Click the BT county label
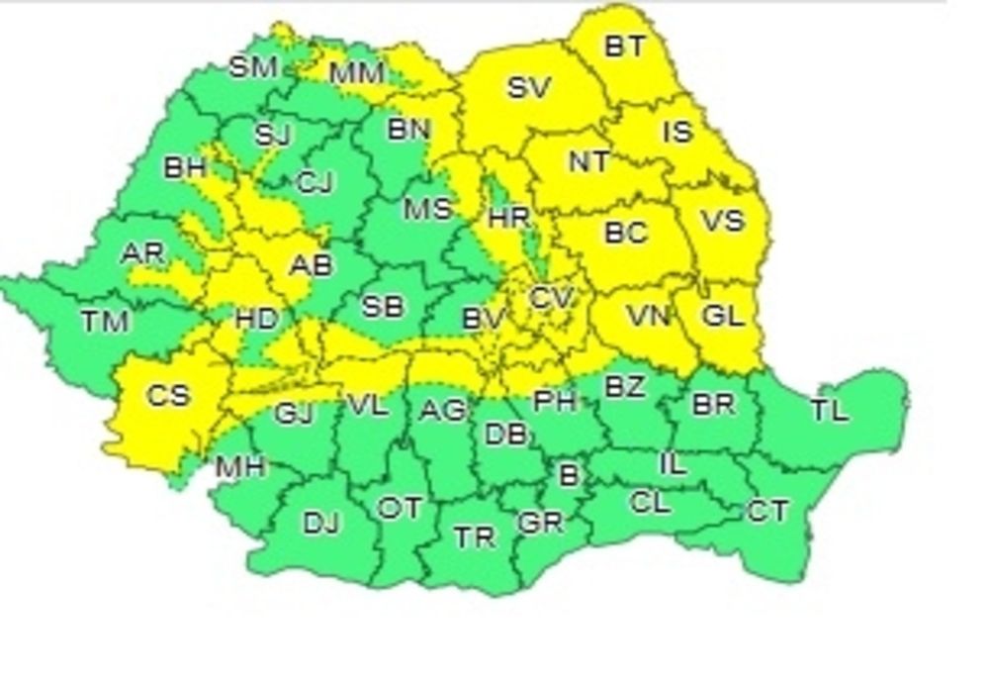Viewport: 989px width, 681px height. [624, 46]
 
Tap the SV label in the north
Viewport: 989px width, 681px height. [528, 87]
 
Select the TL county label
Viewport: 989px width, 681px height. [829, 410]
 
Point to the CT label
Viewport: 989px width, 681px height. [767, 511]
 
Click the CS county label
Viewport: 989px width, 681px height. [167, 396]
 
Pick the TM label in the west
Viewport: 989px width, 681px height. [105, 321]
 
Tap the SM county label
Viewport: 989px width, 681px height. [254, 67]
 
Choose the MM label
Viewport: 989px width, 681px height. [357, 73]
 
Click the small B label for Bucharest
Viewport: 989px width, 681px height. [569, 475]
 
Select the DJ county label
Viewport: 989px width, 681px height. [320, 523]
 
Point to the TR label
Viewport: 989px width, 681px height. [475, 536]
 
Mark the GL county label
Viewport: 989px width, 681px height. [722, 317]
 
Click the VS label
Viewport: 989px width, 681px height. [722, 220]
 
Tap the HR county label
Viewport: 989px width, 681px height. [509, 217]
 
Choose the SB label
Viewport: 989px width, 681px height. [382, 307]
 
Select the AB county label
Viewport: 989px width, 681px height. [311, 265]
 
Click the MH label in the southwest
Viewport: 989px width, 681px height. [240, 466]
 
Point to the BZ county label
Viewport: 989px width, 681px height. [624, 387]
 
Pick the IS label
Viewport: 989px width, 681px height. [677, 132]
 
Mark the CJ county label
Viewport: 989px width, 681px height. [315, 183]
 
